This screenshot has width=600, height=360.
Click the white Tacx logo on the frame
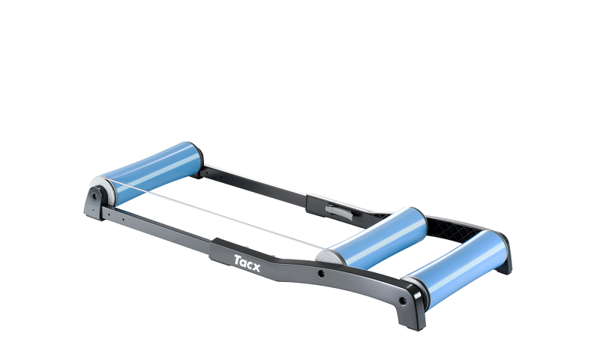point(247,262)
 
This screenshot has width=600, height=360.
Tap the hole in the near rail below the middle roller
point(322,274)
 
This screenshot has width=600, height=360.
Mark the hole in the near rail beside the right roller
point(403,300)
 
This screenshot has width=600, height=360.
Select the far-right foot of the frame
point(503,262)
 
